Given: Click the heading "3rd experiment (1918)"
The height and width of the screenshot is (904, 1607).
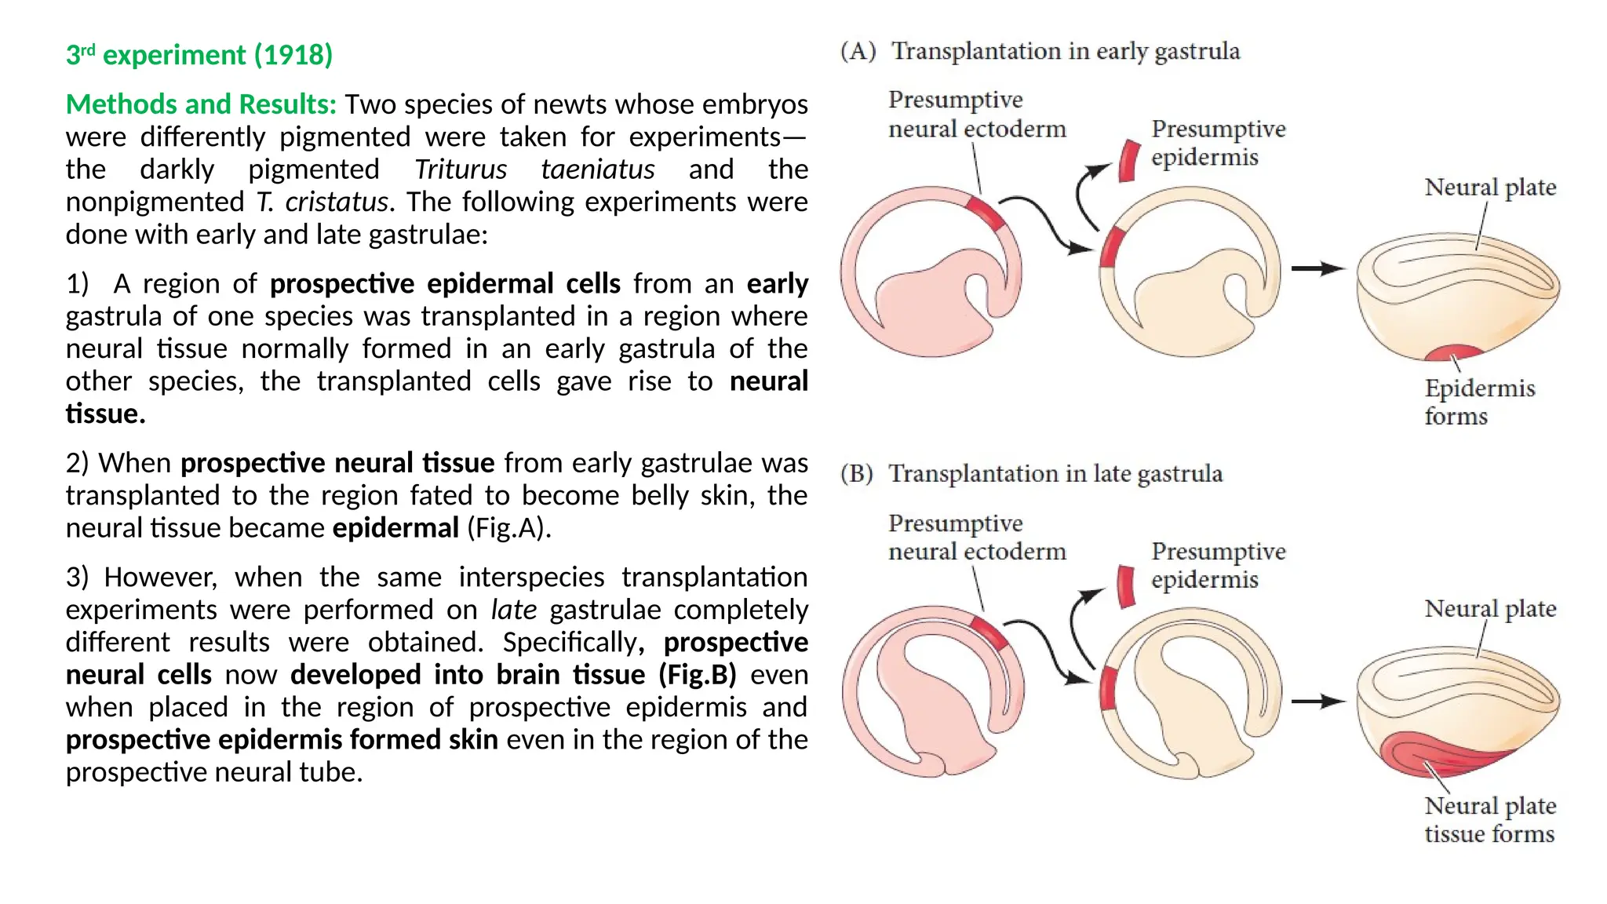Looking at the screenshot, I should pos(199,55).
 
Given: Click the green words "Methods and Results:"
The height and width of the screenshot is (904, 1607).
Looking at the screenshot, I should pos(201,104).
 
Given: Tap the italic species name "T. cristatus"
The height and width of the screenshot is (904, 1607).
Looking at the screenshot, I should pos(322,202).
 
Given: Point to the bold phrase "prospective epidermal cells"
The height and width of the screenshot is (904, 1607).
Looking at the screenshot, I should pos(445,283).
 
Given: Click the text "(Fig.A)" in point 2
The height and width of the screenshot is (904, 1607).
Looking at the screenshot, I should pos(508,528).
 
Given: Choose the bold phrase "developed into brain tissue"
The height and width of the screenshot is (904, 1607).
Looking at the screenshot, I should pos(468,675).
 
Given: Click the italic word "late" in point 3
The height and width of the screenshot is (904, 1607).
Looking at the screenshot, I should pos(514,610).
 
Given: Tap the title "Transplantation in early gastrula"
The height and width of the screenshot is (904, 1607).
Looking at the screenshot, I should pos(1065,52).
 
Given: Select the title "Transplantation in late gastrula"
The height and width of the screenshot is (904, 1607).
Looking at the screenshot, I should pos(1055,474).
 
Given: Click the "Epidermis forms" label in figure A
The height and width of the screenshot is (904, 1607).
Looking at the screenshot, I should pos(1478,402).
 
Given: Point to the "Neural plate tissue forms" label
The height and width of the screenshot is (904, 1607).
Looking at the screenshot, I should pos(1489,819).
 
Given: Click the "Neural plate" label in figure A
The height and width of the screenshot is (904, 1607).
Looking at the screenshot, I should pos(1489,188).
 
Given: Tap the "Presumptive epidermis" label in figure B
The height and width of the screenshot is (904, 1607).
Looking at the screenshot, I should pos(1217,565).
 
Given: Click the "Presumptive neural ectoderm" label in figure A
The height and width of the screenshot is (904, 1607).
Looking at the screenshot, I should pos(977,115).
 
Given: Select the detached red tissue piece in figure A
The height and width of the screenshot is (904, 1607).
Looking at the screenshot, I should pos(1128,161).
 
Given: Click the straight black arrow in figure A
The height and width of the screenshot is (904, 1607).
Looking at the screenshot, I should pos(1317,268).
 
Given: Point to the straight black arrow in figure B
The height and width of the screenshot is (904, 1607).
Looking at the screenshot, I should pos(1317,701).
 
